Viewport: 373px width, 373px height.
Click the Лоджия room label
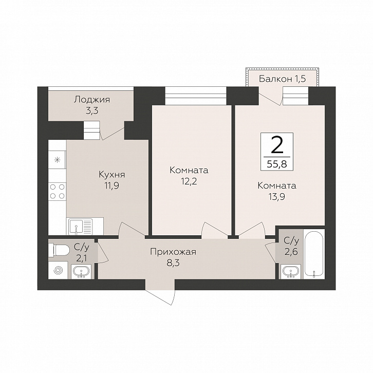92,100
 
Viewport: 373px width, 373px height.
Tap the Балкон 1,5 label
282,79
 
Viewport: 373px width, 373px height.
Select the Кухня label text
112,175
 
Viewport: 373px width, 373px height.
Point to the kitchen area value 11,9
112,185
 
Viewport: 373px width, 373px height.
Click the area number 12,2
189,181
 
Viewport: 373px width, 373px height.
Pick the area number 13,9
277,197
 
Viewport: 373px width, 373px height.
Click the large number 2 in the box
277,145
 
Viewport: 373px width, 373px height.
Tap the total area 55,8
277,164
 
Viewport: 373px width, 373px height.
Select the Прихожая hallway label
173,252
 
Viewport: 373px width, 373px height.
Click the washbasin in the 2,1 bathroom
81,271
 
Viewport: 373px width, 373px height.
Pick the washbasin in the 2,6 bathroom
290,271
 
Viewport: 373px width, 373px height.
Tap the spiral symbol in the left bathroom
59,270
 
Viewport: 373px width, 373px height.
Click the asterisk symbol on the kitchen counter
58,160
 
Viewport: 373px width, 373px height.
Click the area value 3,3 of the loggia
92,110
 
